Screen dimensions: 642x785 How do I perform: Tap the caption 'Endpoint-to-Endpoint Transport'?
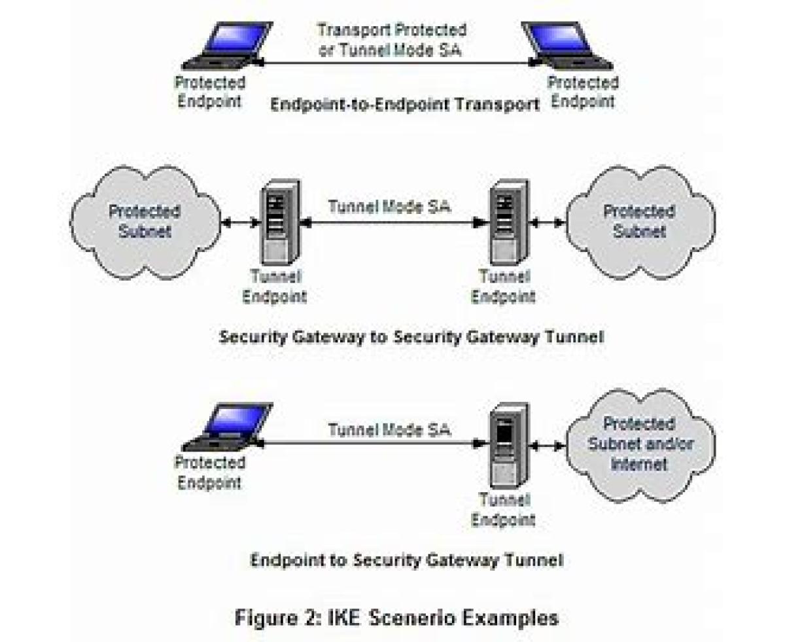point(405,105)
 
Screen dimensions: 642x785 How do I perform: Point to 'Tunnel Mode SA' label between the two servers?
point(390,207)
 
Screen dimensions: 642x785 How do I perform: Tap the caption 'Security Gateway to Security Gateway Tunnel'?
point(411,337)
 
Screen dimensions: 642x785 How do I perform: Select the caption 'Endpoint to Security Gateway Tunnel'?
point(406,560)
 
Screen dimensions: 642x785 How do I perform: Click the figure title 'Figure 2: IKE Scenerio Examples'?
point(396,618)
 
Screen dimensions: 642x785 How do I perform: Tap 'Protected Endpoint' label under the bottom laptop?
point(209,473)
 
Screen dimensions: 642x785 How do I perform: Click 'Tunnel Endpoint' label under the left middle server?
point(274,286)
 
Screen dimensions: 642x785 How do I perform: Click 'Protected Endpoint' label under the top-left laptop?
point(209,92)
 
